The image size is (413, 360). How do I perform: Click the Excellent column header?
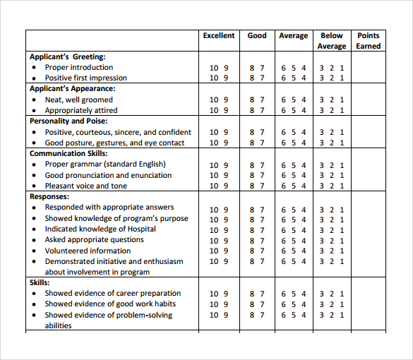218,36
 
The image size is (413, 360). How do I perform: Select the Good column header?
257,36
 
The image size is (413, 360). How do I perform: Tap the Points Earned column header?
368,41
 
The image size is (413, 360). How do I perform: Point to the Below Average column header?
331,41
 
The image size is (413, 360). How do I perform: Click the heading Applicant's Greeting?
67,56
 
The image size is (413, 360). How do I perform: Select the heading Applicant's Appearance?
72,89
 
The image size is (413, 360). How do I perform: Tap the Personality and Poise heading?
68,121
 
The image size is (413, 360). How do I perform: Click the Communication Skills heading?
68,153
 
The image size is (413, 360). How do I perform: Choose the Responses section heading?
49,196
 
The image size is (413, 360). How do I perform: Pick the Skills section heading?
40,282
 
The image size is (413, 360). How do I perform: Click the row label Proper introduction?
78,68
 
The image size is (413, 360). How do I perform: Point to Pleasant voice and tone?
86,186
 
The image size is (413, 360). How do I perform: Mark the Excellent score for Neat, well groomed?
219,100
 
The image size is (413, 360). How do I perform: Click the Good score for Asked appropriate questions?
257,240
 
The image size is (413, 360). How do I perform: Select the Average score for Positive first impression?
294,78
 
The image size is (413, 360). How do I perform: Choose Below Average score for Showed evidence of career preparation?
331,294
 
